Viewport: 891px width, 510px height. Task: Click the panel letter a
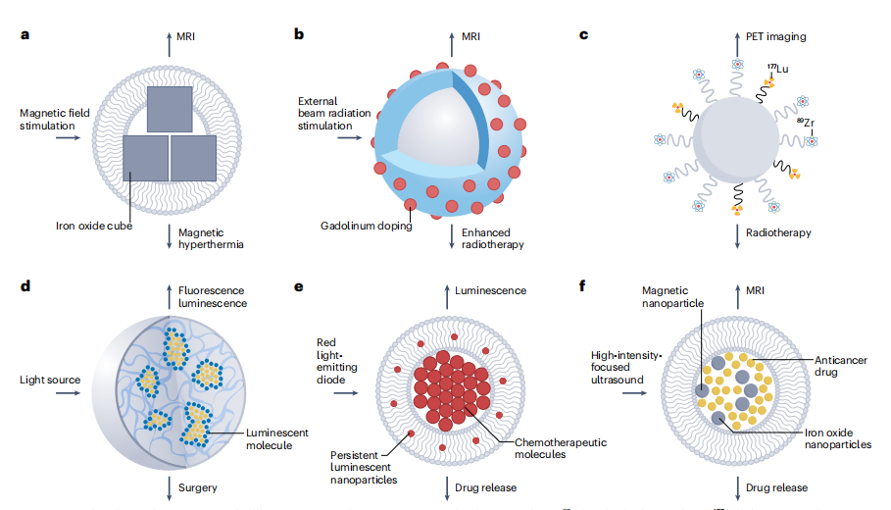tap(25, 36)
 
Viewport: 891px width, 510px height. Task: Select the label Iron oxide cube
tap(93, 227)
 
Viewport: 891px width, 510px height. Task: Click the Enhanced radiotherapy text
tap(491, 238)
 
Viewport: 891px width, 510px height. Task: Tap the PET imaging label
tap(773, 36)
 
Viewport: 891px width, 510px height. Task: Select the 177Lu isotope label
tap(779, 68)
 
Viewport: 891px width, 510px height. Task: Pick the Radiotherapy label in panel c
tap(775, 232)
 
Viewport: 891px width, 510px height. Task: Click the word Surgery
tap(199, 487)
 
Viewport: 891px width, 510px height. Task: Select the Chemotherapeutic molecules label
tap(560, 449)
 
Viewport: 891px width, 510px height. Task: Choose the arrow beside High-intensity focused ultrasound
tap(633, 393)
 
